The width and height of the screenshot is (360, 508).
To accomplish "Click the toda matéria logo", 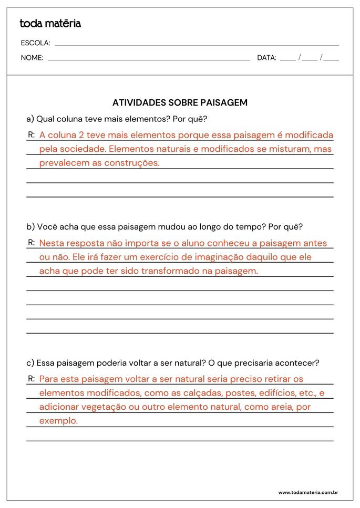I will [x=50, y=23].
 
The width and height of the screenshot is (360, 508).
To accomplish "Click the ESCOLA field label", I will [x=35, y=43].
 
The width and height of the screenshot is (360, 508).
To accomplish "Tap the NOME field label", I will [x=32, y=58].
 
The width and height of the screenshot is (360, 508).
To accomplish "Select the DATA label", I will [x=266, y=58].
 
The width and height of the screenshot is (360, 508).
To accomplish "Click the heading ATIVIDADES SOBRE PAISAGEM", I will [x=180, y=102].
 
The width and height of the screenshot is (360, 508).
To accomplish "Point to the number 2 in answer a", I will [x=81, y=135].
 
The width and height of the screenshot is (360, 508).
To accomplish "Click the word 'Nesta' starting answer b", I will [x=50, y=243].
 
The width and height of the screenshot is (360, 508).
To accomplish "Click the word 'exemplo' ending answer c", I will [x=58, y=421].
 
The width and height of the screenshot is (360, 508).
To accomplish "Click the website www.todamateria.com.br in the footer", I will [x=307, y=492].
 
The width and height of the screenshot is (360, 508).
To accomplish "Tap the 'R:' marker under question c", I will [x=32, y=378].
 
